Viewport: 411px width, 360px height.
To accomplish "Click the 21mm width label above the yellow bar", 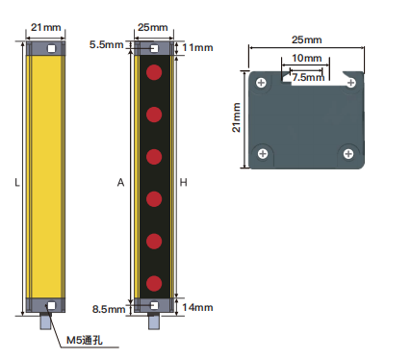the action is [x=45, y=27].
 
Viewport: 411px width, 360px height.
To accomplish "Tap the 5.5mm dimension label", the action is [x=106, y=44].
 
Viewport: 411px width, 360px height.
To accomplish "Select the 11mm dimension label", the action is [x=197, y=47].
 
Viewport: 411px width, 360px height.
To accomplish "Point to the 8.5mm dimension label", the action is [x=109, y=309].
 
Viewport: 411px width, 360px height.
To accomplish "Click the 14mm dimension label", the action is [x=197, y=307].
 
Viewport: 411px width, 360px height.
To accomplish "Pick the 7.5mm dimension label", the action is [x=308, y=77].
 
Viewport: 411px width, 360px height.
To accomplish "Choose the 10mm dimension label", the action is [x=307, y=58].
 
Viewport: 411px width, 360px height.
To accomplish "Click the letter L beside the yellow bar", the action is [x=17, y=183].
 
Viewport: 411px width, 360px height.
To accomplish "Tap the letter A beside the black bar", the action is [x=120, y=183].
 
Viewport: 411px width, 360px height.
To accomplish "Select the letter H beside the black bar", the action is [x=183, y=183].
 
